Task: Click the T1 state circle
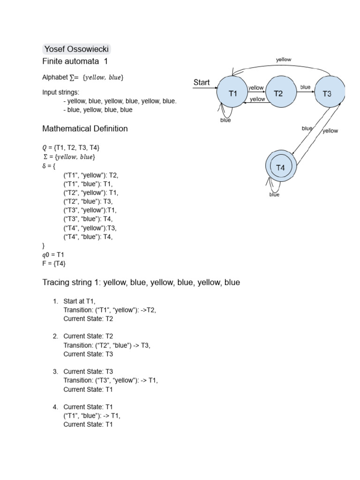point(233,93)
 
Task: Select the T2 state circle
point(278,93)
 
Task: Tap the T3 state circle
point(329,93)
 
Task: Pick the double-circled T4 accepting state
point(281,167)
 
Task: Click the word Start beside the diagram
point(202,82)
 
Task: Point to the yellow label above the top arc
point(284,60)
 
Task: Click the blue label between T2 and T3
point(305,87)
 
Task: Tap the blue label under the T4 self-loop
point(274,195)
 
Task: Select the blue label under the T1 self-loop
point(225,120)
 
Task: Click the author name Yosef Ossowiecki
point(76,49)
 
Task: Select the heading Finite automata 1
point(75,61)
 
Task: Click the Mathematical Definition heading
point(85,128)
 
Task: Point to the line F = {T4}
point(54,263)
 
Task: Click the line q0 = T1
point(53,255)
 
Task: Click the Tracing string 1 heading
point(141,283)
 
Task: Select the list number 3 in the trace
point(55,372)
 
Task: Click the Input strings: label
point(61,92)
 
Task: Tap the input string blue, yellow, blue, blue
point(100,110)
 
